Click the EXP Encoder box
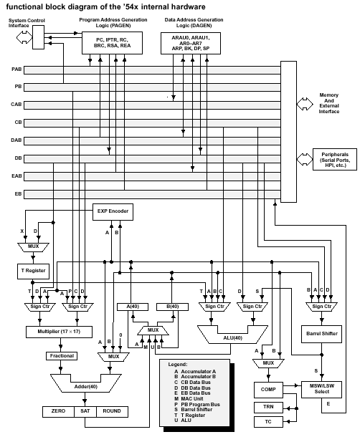tap(113, 212)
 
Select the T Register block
tap(33, 272)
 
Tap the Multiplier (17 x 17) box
tap(59, 332)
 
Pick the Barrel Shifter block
tap(321, 334)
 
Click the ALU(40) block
tap(232, 338)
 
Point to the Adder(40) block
tap(85, 387)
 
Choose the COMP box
tap(268, 390)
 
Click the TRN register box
tap(268, 407)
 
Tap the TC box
tap(268, 422)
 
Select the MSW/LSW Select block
tap(321, 389)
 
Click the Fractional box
tap(62, 356)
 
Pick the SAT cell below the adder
tap(85, 411)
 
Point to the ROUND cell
tap(112, 411)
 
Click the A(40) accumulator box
tap(133, 307)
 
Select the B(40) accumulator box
tap(172, 307)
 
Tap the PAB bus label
tap(16, 69)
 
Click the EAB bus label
tap(16, 176)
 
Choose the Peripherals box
tap(335, 160)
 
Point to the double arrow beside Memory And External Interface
tap(305, 104)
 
